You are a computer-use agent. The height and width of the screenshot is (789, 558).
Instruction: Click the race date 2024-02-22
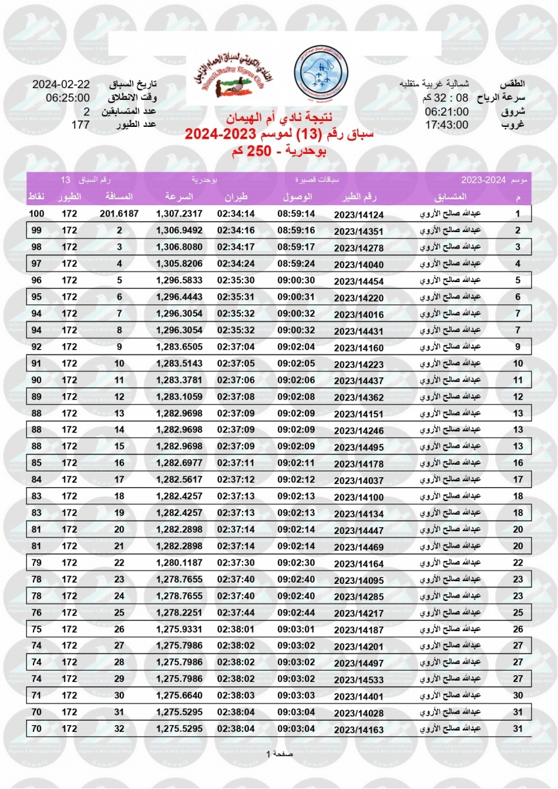(61, 85)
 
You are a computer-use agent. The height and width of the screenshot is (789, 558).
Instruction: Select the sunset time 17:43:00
(446, 124)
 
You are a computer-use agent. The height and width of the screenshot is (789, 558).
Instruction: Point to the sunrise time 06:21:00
(446, 112)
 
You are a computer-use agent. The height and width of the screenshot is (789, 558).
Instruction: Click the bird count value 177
(80, 124)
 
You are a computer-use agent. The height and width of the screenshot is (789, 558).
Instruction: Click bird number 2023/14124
(358, 215)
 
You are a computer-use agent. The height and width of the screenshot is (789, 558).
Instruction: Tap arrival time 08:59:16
(296, 231)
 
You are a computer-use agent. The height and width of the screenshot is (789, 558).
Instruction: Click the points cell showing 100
(37, 214)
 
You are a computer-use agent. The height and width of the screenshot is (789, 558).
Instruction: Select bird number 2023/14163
(358, 729)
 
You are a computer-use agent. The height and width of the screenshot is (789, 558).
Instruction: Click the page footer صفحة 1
(279, 754)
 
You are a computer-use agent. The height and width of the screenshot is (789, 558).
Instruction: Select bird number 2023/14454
(358, 281)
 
